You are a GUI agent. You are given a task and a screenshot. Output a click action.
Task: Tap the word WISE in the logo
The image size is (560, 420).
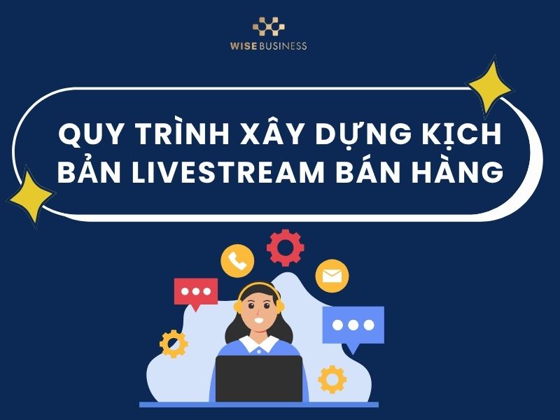pos(246,46)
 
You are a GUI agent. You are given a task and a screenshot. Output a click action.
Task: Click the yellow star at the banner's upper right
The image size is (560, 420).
pos(489,87)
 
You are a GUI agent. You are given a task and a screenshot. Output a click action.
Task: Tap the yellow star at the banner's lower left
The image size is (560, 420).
pos(31,197)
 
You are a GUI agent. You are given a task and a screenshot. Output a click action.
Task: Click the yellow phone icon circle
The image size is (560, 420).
pos(237,260)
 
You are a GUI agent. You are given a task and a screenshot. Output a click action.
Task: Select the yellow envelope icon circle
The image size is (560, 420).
pos(332,276)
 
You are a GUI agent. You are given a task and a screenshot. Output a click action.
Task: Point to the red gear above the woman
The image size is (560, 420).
pos(286,248)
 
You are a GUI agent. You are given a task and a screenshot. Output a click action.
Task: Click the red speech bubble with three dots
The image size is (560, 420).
pos(195,292)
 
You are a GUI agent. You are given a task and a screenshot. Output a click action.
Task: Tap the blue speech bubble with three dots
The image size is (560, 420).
pos(353,325)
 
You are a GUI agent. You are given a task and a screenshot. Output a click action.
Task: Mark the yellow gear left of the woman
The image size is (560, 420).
pos(174,344)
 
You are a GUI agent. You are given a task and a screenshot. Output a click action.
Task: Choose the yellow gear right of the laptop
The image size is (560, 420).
pos(332,379)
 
